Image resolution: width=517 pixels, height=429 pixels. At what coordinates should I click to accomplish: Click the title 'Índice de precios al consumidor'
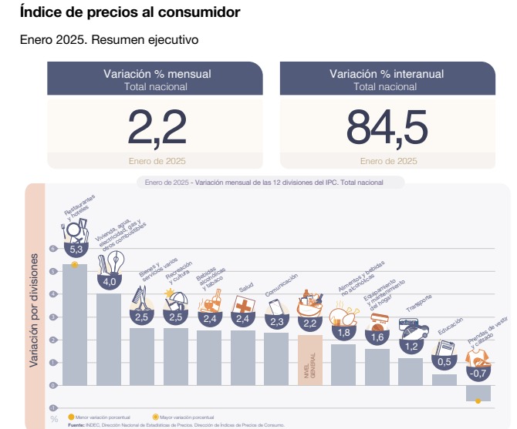(130, 13)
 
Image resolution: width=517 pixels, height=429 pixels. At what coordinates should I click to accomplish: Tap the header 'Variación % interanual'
(387, 74)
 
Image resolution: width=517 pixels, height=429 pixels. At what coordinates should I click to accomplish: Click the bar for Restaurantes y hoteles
(74, 323)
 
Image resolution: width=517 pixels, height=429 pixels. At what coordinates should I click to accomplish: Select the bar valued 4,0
(108, 339)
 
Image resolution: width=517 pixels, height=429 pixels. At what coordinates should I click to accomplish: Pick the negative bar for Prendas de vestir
(478, 393)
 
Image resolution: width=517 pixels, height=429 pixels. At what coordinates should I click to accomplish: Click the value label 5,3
(76, 250)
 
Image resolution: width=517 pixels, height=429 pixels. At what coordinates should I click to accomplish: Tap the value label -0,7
(478, 373)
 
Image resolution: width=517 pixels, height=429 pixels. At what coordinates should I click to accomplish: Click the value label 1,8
(343, 332)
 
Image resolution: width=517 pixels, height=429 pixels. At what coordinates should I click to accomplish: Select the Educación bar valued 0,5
(444, 379)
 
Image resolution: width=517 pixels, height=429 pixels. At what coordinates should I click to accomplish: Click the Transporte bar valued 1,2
(411, 371)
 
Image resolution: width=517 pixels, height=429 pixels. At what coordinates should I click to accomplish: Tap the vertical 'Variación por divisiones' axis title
(34, 313)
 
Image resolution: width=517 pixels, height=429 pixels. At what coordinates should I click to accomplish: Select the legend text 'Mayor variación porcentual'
(185, 417)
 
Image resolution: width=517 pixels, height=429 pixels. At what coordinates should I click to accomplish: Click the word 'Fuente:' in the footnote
(77, 424)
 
